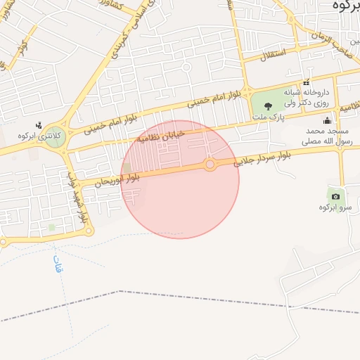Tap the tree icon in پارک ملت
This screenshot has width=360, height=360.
pyautogui.click(x=268, y=106)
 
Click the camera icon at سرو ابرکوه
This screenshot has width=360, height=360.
pyautogui.click(x=335, y=196)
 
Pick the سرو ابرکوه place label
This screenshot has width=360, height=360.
pyautogui.click(x=334, y=207)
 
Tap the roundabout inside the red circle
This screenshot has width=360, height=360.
pyautogui.click(x=210, y=165)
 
